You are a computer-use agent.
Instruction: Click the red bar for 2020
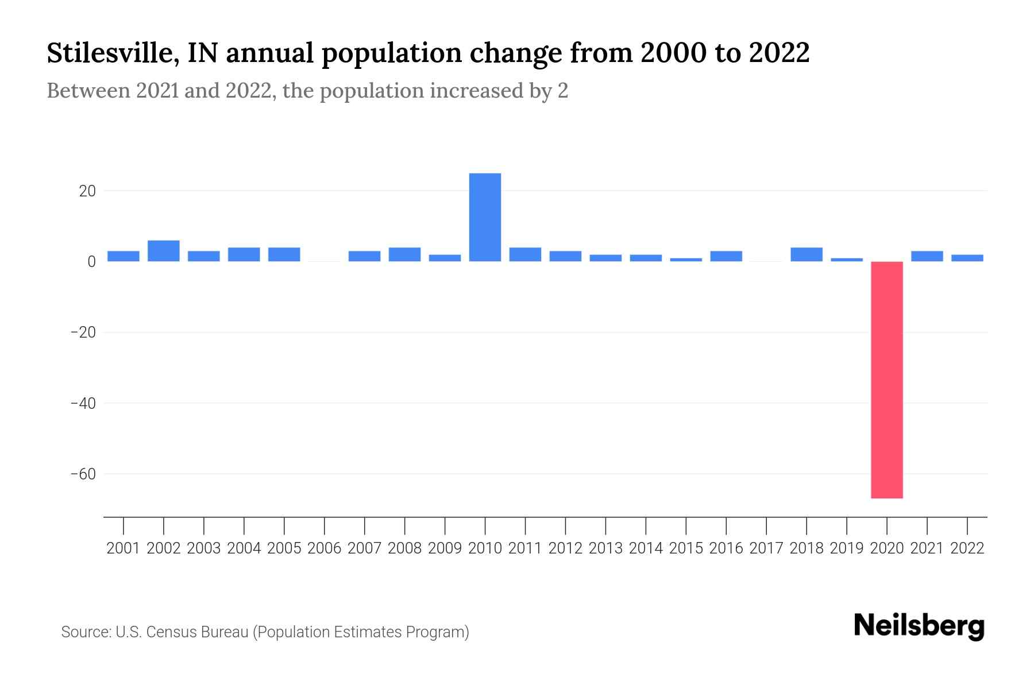tap(886, 379)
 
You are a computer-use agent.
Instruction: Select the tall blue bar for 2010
tap(485, 217)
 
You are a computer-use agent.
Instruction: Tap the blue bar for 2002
tap(163, 251)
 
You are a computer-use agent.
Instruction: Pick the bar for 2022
tap(967, 258)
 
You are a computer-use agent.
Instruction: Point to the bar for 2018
tap(806, 254)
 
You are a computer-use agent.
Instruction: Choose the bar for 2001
tap(123, 256)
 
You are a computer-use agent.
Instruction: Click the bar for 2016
tap(726, 256)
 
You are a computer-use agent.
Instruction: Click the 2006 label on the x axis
tap(324, 548)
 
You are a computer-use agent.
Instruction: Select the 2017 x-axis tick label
tap(766, 548)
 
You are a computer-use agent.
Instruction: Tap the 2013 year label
tap(605, 548)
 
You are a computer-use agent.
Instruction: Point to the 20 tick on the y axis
tap(87, 191)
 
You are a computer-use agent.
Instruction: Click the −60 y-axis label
tap(83, 474)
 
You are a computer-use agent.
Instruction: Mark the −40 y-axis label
tap(83, 403)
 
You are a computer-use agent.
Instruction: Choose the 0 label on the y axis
tap(91, 262)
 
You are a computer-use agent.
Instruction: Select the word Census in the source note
tap(168, 632)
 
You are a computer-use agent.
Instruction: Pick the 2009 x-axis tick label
tap(445, 548)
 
